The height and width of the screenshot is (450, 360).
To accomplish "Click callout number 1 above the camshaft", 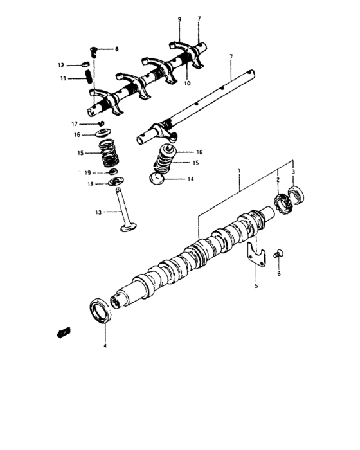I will [239, 173].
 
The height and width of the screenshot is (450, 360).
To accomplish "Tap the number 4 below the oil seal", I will [105, 346].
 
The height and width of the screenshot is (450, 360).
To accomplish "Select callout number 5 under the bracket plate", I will [256, 285].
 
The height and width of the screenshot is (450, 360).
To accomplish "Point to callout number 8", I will [116, 49].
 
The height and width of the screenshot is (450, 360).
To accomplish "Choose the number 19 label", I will [88, 173].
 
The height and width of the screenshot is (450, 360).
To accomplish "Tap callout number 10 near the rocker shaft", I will [187, 84].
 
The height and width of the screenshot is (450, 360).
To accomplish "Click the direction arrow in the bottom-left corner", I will [63, 332].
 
